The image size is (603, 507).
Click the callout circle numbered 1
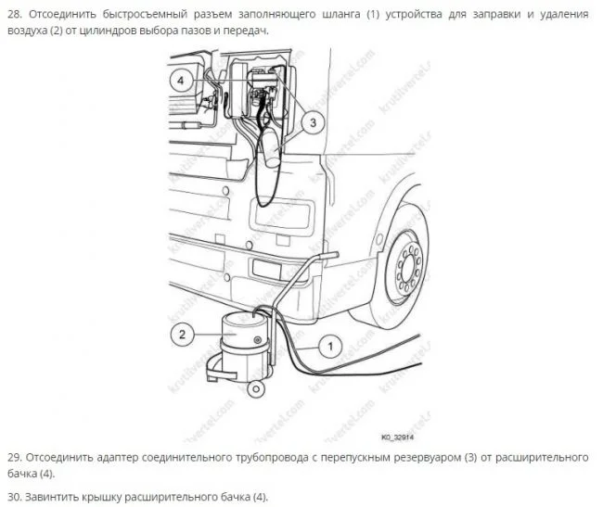tap(330, 347)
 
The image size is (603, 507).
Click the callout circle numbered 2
tap(182, 335)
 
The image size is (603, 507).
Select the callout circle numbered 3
tap(313, 123)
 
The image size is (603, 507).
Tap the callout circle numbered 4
tap(181, 81)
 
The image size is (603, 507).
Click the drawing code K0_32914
tap(398, 437)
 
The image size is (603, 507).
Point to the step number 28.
tap(15, 15)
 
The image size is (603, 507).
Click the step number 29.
tap(15, 458)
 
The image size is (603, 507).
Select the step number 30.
tap(15, 497)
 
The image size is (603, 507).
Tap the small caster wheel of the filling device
tap(255, 389)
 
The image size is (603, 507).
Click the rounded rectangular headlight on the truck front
tap(281, 218)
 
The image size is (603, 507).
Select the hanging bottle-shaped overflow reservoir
tap(271, 147)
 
